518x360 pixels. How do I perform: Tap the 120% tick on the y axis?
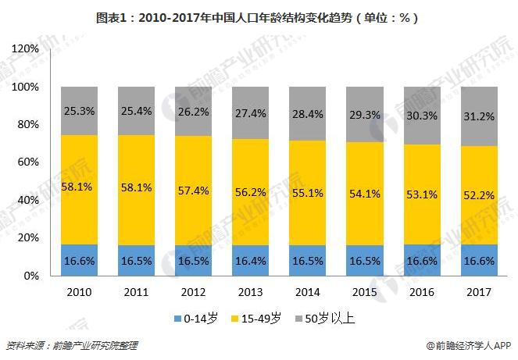pyautogui.click(x=24, y=49)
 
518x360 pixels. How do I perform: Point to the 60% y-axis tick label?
pyautogui.click(x=27, y=162)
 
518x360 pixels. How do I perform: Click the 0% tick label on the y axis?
pyautogui.click(x=30, y=276)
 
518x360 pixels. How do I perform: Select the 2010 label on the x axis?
pyautogui.click(x=80, y=292)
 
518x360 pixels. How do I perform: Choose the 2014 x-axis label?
pyautogui.click(x=308, y=292)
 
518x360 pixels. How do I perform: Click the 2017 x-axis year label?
pyautogui.click(x=479, y=292)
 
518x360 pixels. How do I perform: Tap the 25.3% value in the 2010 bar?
pyautogui.click(x=80, y=111)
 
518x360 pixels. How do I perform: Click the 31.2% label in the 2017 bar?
pyautogui.click(x=479, y=116)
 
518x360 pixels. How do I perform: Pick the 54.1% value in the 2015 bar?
pyautogui.click(x=365, y=193)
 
